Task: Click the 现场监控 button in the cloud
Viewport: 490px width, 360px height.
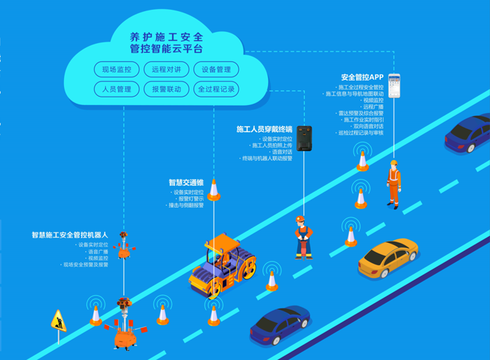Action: click(x=116, y=70)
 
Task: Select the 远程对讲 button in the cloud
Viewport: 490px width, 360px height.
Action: click(x=166, y=70)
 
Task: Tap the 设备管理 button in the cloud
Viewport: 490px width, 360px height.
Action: click(x=216, y=70)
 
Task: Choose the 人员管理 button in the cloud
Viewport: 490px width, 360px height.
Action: click(x=116, y=89)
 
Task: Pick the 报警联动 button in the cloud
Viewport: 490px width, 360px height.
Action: click(x=166, y=89)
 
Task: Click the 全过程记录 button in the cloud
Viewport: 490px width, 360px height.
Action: click(x=216, y=89)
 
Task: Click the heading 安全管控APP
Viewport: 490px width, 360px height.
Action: click(x=362, y=77)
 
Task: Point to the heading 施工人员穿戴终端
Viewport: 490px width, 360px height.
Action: click(x=264, y=130)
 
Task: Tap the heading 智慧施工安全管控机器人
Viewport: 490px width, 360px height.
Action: click(x=70, y=235)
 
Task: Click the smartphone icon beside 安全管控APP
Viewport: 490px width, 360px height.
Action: click(x=395, y=85)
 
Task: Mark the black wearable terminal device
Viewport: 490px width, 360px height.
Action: click(x=304, y=139)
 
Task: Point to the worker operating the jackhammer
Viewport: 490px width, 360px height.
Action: click(x=302, y=237)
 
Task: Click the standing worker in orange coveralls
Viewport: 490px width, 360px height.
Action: click(x=394, y=184)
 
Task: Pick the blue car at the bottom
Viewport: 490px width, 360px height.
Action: click(x=280, y=324)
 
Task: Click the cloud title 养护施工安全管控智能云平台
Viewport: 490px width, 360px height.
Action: click(x=167, y=42)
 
